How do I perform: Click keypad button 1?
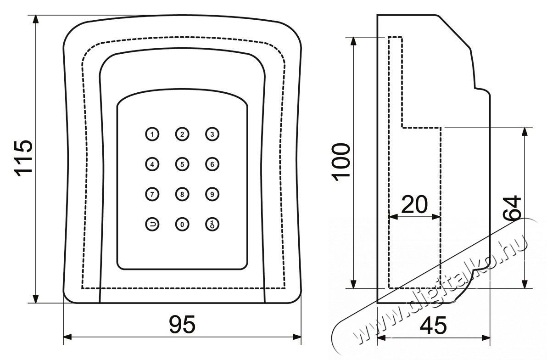pyautogui.click(x=152, y=134)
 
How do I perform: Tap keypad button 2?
pyautogui.click(x=182, y=134)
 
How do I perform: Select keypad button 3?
pyautogui.click(x=212, y=134)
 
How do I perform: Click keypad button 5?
pyautogui.click(x=182, y=164)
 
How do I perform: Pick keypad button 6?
pyautogui.click(x=212, y=164)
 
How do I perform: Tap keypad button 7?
pyautogui.click(x=152, y=194)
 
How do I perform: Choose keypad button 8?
pyautogui.click(x=182, y=194)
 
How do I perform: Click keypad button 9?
pyautogui.click(x=212, y=194)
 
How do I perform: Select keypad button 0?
pyautogui.click(x=182, y=224)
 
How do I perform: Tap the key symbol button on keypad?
pyautogui.click(x=212, y=224)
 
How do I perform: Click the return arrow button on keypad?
pyautogui.click(x=152, y=224)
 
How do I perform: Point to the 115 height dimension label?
pyautogui.click(x=23, y=157)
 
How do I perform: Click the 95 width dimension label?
pyautogui.click(x=182, y=324)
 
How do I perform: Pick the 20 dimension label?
pyautogui.click(x=414, y=204)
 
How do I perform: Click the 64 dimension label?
pyautogui.click(x=512, y=208)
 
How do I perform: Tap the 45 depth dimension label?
pyautogui.click(x=433, y=325)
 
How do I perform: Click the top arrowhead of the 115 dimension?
pyautogui.click(x=35, y=20)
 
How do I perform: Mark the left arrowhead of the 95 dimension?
pyautogui.click(x=67, y=337)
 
